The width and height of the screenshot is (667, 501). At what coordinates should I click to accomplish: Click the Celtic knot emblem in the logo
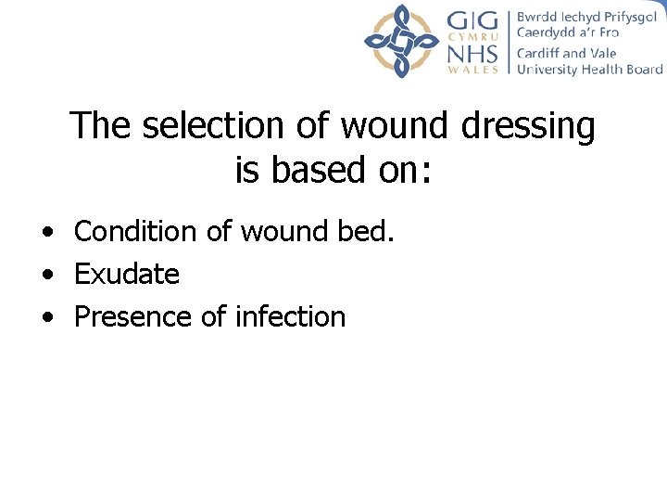click(401, 40)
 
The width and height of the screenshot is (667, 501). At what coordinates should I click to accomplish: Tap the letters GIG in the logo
click(473, 20)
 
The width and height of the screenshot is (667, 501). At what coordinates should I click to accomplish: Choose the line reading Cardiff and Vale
click(566, 53)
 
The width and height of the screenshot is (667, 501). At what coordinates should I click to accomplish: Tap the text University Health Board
click(589, 70)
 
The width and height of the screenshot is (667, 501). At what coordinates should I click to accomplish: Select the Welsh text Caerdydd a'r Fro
click(567, 33)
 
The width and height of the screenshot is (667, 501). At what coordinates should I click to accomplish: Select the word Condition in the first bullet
click(136, 231)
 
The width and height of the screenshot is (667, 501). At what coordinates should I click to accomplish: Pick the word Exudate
click(126, 275)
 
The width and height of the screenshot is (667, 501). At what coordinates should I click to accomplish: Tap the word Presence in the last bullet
click(133, 316)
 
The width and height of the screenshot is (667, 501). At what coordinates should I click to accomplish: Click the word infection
click(290, 316)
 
